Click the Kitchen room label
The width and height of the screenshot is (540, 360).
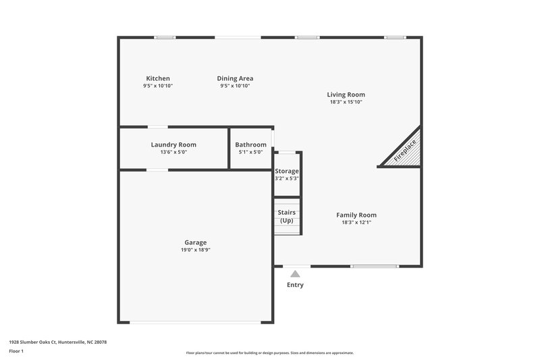[158, 78]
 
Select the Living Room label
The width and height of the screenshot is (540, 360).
[346, 95]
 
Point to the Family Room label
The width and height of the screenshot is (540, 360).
[356, 215]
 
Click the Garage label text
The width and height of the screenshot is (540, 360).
[196, 242]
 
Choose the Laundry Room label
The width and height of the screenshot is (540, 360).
[173, 145]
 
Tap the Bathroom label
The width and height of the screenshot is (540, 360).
[250, 145]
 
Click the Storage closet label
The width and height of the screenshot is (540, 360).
[286, 171]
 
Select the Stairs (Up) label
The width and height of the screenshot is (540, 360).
[286, 216]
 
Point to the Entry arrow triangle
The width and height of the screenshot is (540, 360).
[295, 274]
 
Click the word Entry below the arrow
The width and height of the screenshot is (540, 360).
[295, 285]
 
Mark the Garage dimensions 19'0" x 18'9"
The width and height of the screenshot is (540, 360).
[196, 250]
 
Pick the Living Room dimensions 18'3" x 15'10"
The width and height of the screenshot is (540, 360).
[346, 102]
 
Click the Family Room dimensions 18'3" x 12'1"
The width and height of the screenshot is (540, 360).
[356, 222]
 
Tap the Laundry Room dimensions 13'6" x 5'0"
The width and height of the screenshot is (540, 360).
[173, 152]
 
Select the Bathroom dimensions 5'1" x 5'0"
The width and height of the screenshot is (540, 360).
[250, 152]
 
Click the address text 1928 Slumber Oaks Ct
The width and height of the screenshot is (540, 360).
[58, 342]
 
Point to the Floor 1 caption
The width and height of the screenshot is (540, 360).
[17, 352]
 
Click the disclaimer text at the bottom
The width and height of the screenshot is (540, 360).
[270, 353]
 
